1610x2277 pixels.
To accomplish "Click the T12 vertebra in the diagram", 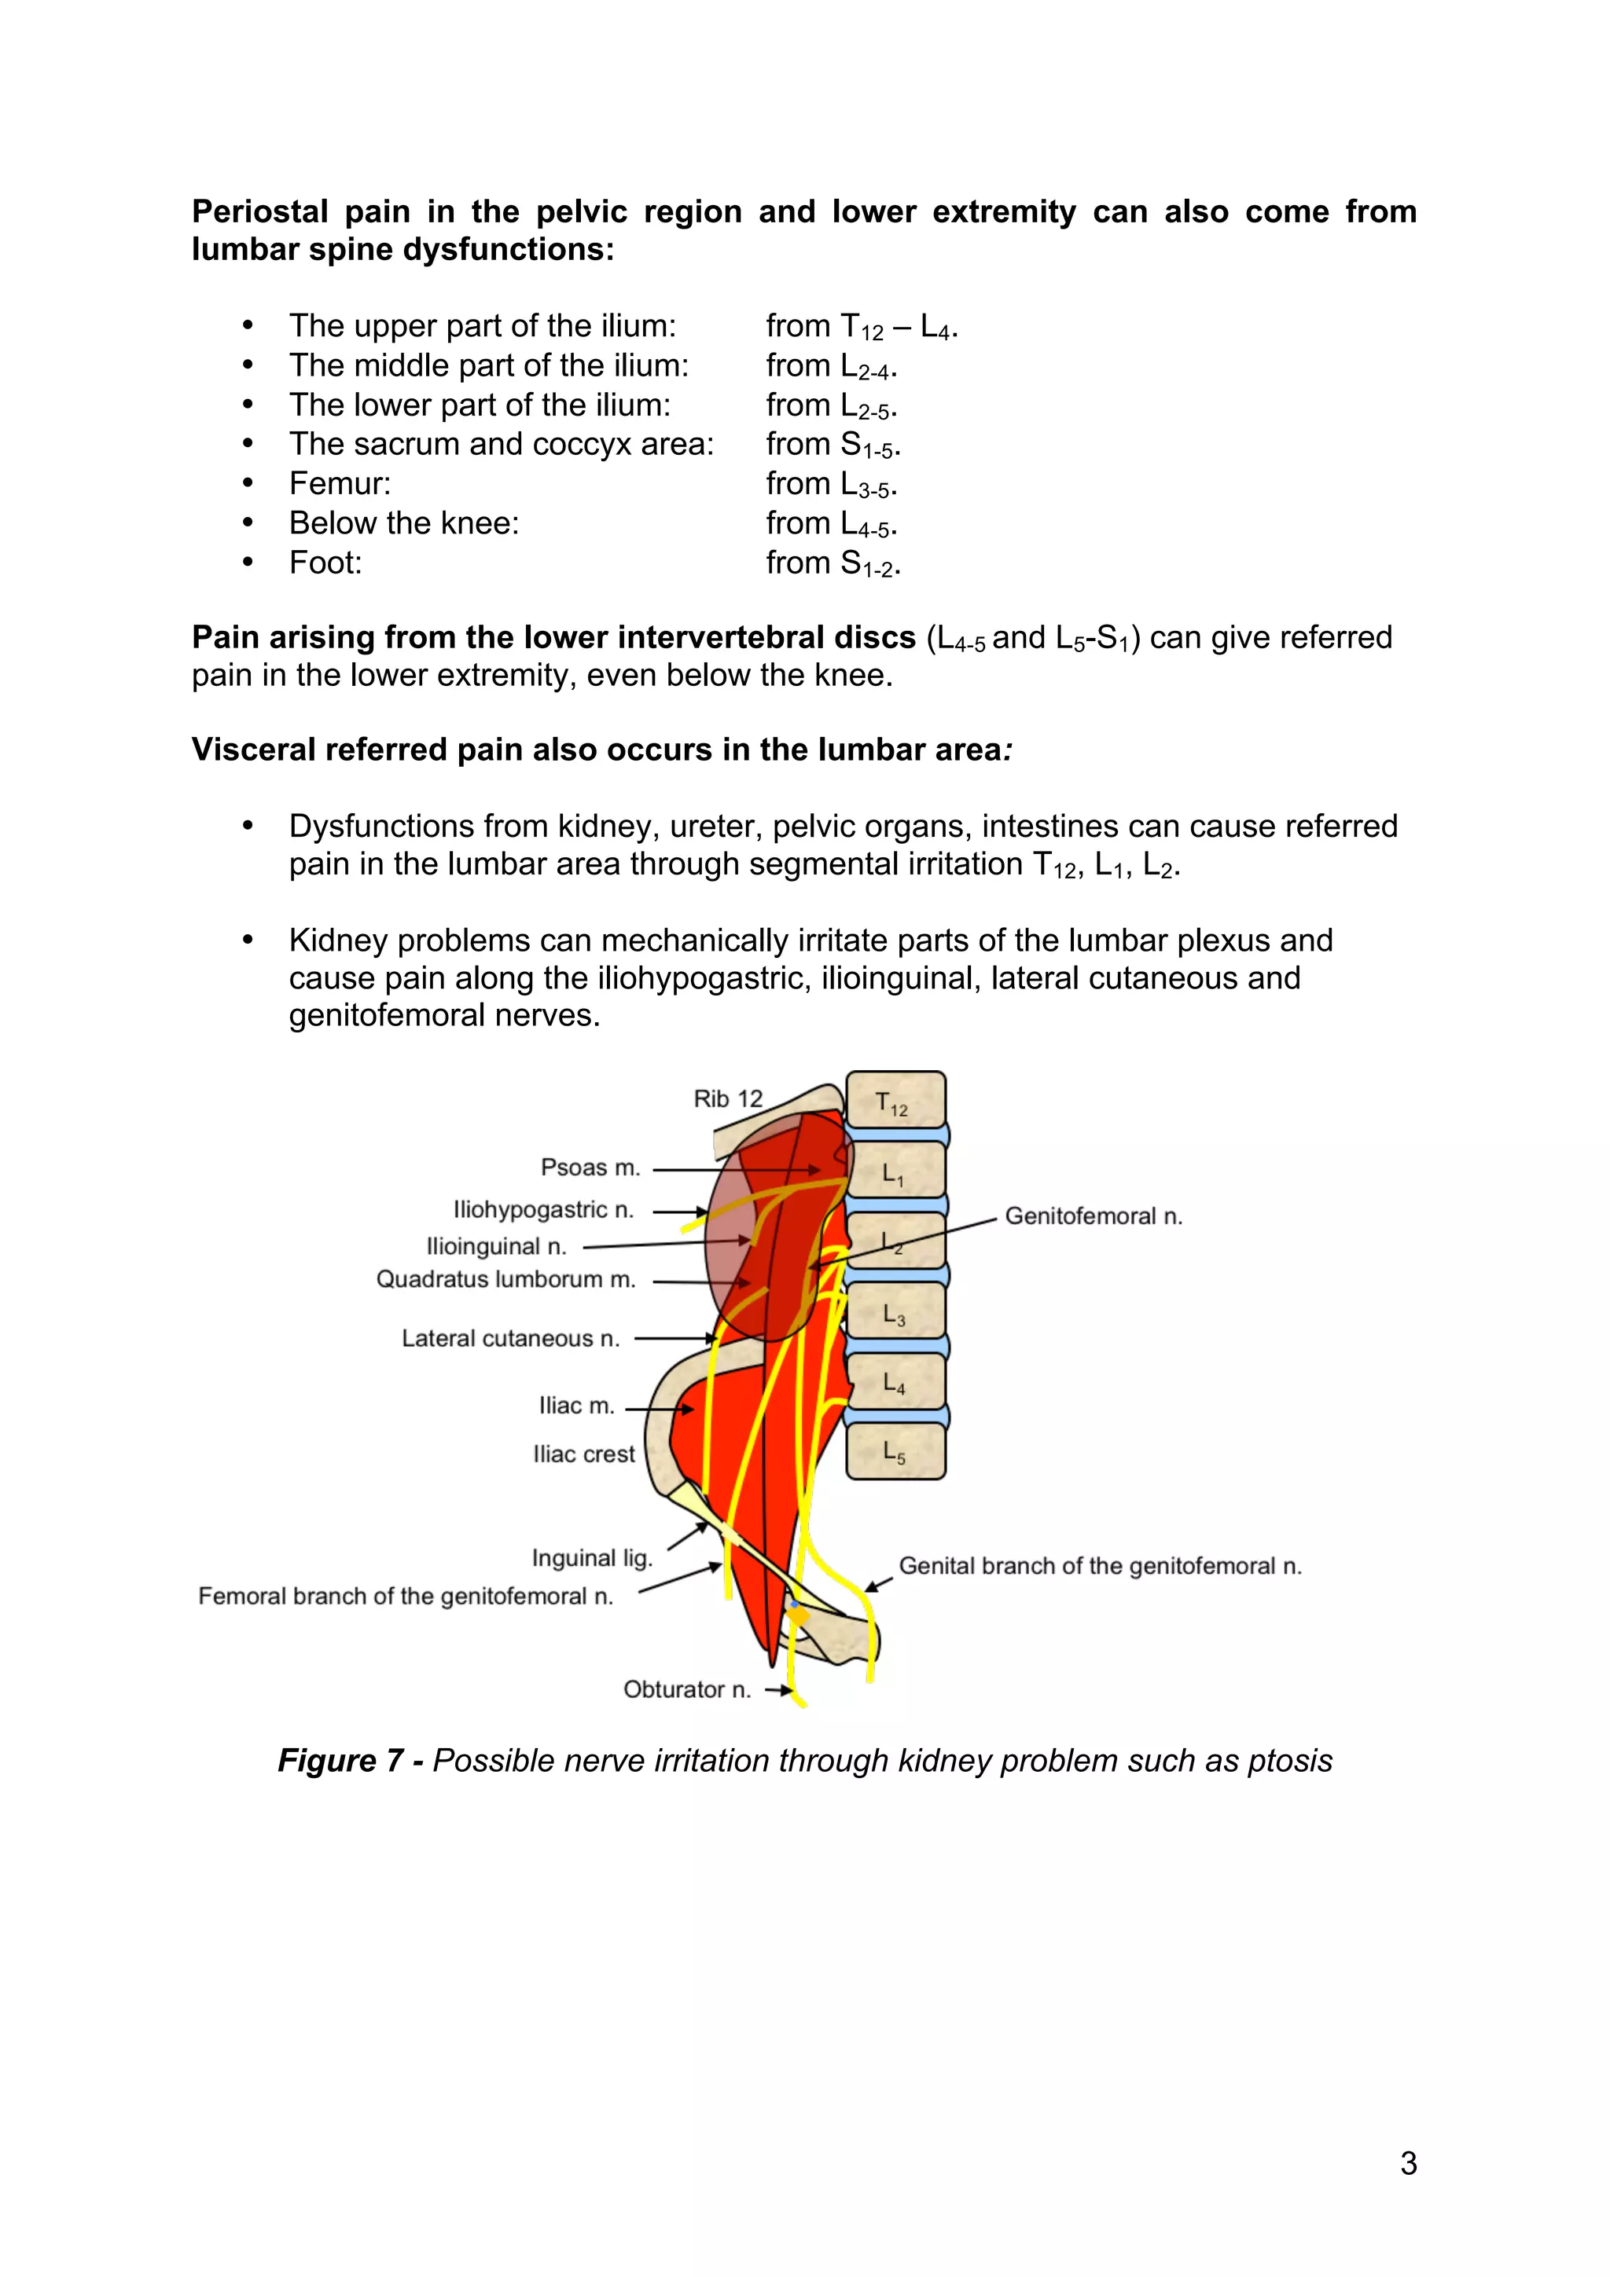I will pos(895,1102).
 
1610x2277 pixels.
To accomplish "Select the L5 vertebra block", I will pos(895,1453).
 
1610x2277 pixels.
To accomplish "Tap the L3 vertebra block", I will pos(895,1313).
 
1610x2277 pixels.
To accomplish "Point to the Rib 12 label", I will pos(727,1099).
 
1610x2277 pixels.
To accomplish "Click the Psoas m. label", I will pos(590,1168).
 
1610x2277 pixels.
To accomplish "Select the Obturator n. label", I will pos(686,1689).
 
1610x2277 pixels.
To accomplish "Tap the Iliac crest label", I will pos(583,1454).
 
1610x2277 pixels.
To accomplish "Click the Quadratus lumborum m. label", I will pos(505,1279).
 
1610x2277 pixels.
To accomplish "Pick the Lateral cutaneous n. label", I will pos(510,1339).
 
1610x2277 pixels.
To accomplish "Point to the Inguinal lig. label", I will pos(591,1558).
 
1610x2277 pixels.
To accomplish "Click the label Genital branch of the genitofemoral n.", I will pos(1099,1566).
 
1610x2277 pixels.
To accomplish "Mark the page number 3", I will pos(1408,2163).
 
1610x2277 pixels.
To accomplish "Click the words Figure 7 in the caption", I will pos(340,1760).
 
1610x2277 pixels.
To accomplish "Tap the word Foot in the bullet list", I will pos(325,563).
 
